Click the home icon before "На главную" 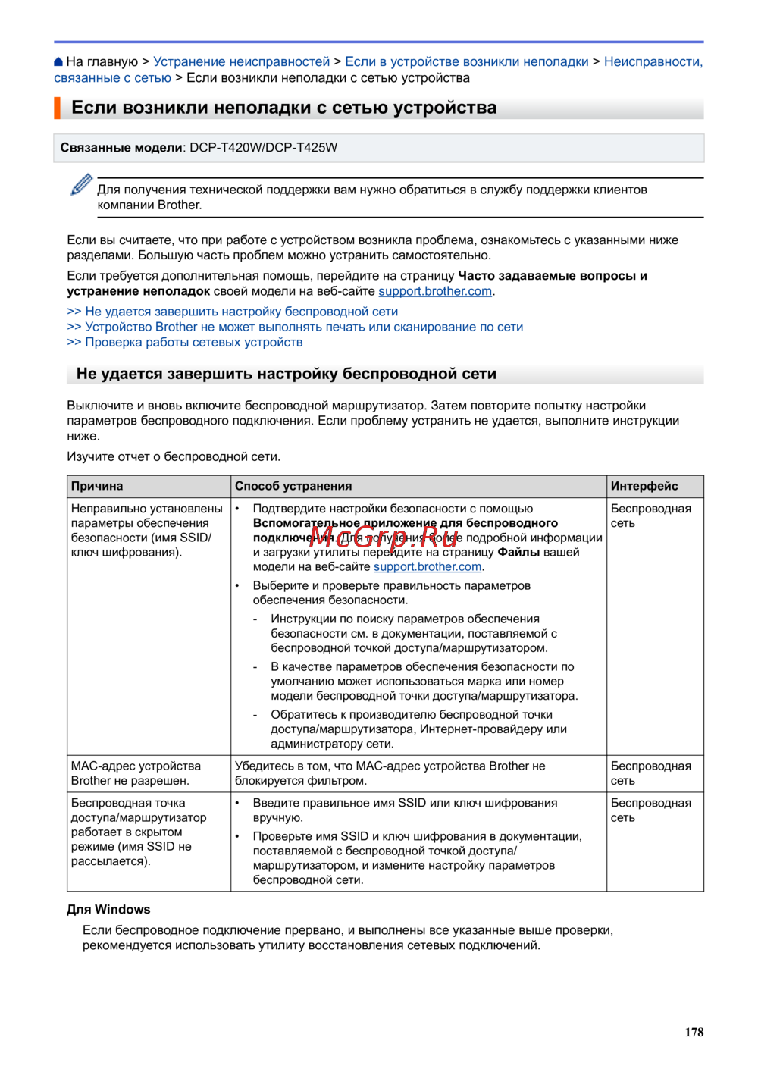click(59, 62)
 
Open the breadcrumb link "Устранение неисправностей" click(241, 61)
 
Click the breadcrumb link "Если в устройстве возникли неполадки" click(466, 61)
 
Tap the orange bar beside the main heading click(57, 108)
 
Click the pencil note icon click(81, 184)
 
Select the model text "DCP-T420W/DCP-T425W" click(263, 147)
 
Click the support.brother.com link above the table click(435, 291)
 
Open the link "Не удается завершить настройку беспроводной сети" click(241, 312)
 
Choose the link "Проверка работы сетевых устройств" click(193, 342)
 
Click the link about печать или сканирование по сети click(304, 327)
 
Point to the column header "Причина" click(97, 486)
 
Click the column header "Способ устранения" click(293, 486)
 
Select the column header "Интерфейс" click(644, 486)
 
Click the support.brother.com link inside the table click(428, 566)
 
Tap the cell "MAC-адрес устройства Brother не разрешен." click(136, 773)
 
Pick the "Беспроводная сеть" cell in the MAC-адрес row click(650, 773)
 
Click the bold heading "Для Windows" click(108, 909)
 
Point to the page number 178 click(694, 1032)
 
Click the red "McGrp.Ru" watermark click(384, 538)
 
